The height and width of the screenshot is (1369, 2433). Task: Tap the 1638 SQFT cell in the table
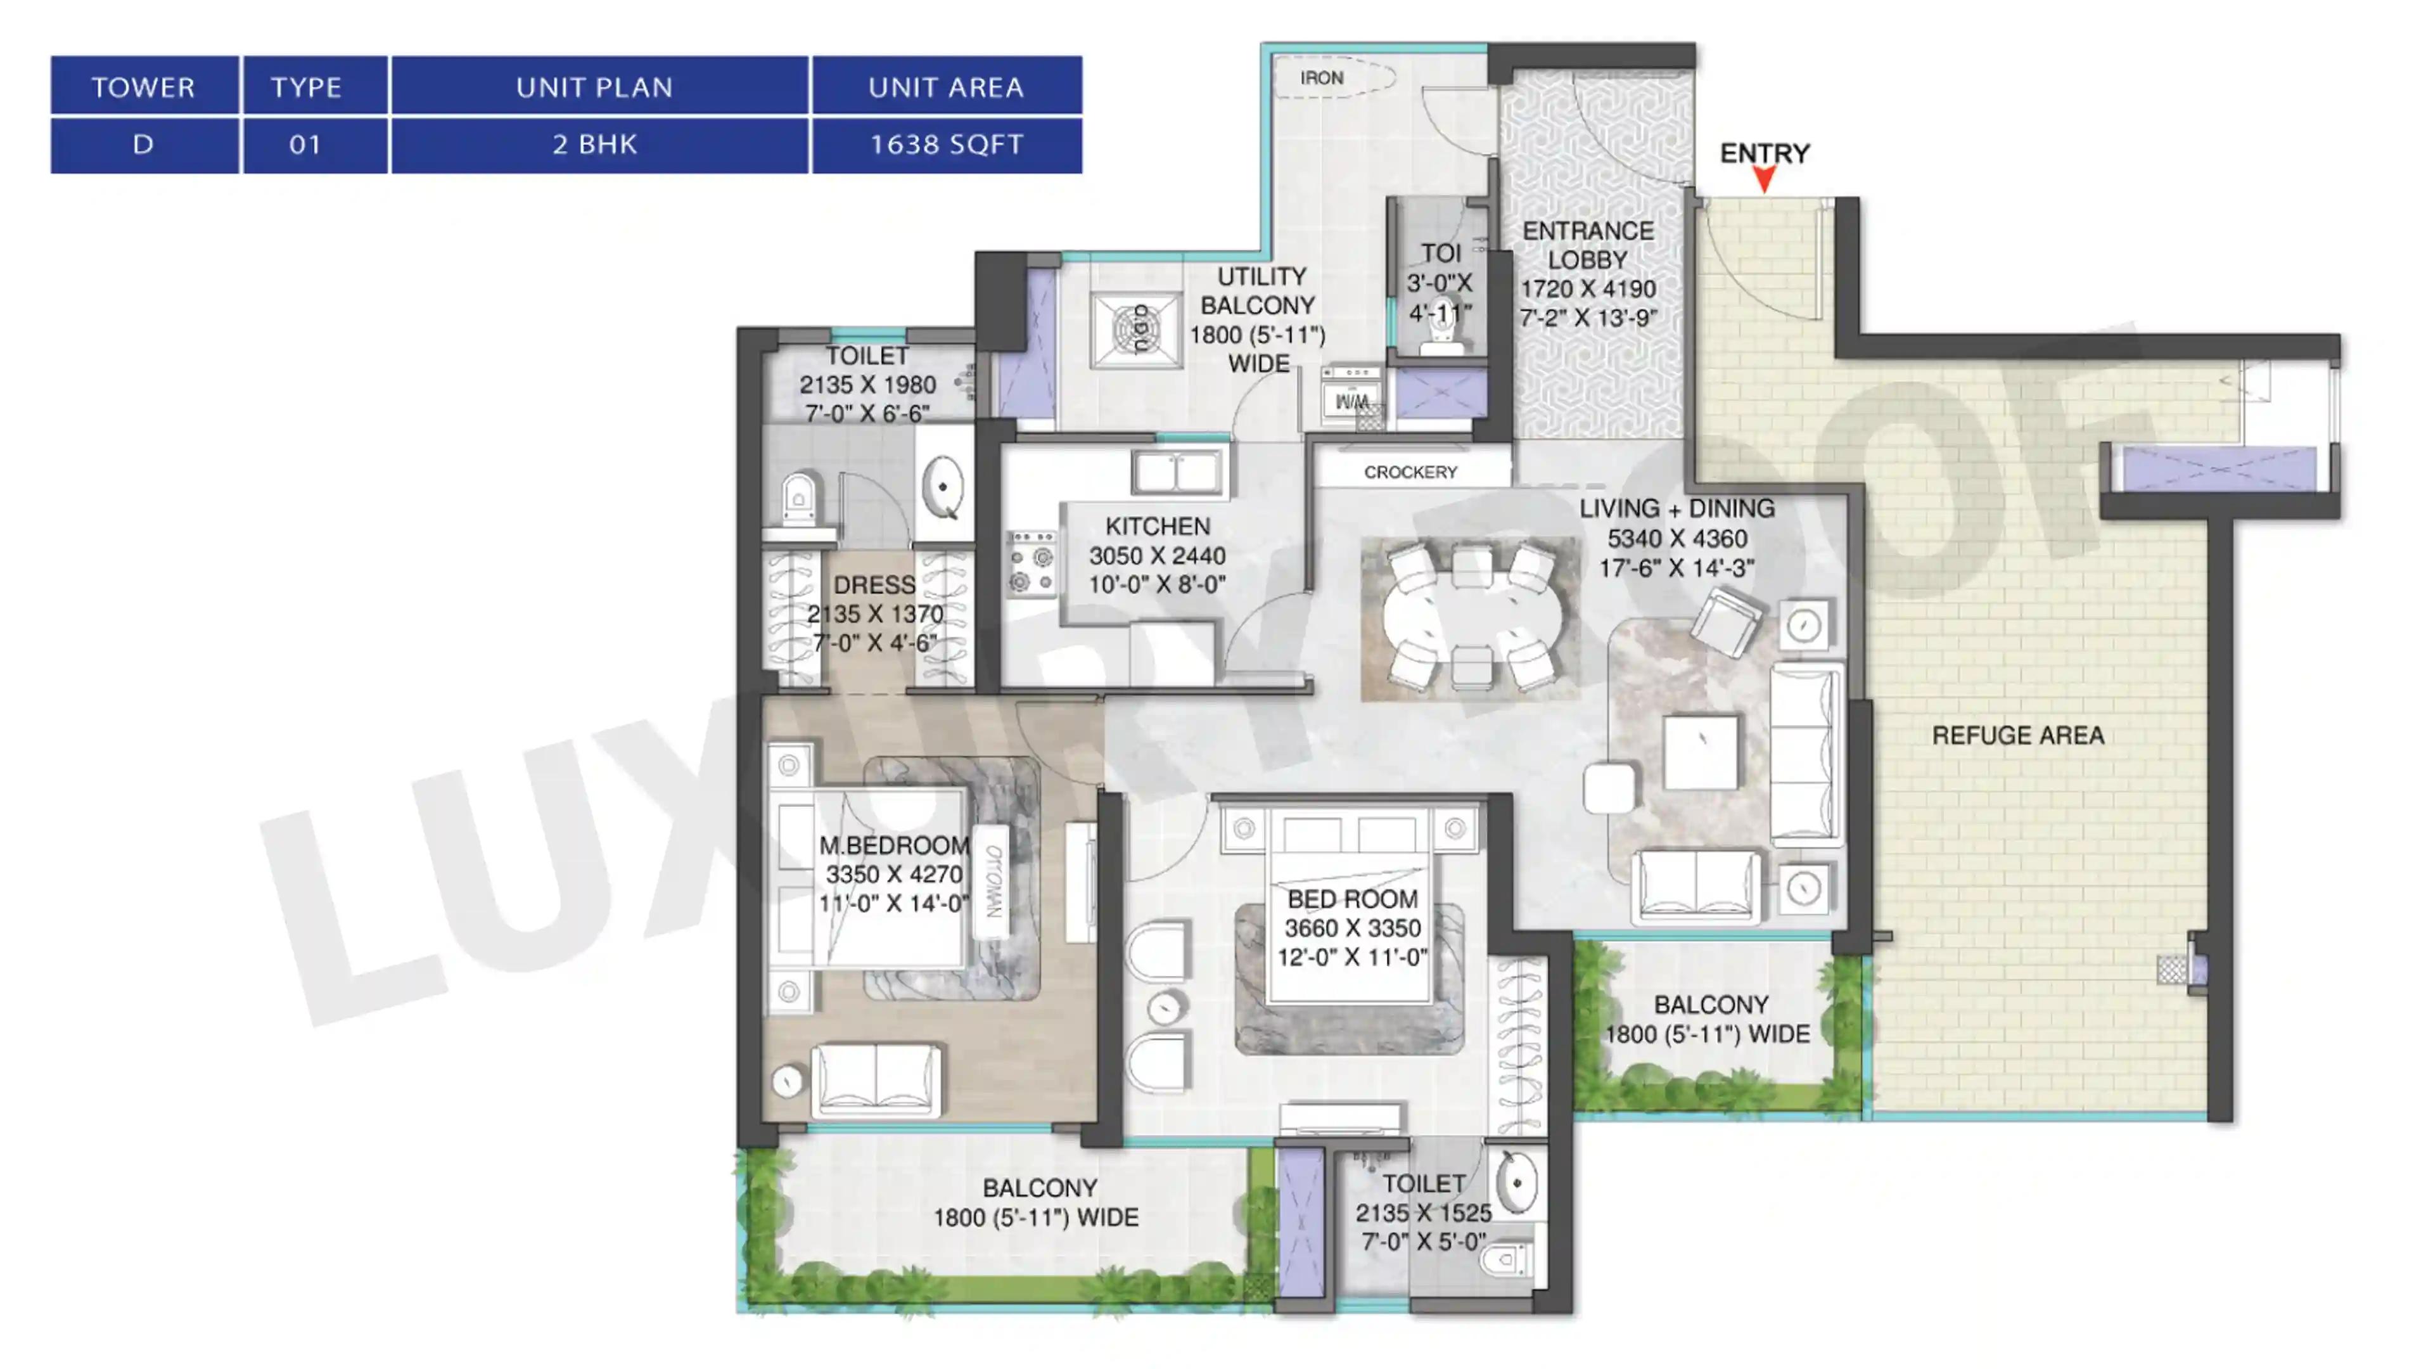(x=947, y=145)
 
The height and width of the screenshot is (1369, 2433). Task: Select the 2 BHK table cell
(x=595, y=145)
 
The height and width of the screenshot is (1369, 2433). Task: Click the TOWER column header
(x=144, y=87)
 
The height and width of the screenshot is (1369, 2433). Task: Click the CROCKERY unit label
(x=1410, y=472)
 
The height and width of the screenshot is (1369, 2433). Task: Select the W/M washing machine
(x=1351, y=396)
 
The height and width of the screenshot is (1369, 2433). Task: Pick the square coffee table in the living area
(x=1700, y=752)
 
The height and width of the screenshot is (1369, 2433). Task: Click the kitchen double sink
(x=1177, y=472)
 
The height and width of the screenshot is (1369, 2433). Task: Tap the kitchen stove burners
(x=1031, y=563)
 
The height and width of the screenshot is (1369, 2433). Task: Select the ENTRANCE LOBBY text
(x=1588, y=246)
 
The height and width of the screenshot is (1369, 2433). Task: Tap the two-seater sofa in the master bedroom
(x=876, y=1079)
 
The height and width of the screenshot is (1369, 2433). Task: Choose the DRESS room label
(x=874, y=586)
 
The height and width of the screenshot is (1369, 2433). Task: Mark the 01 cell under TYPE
(x=305, y=145)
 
